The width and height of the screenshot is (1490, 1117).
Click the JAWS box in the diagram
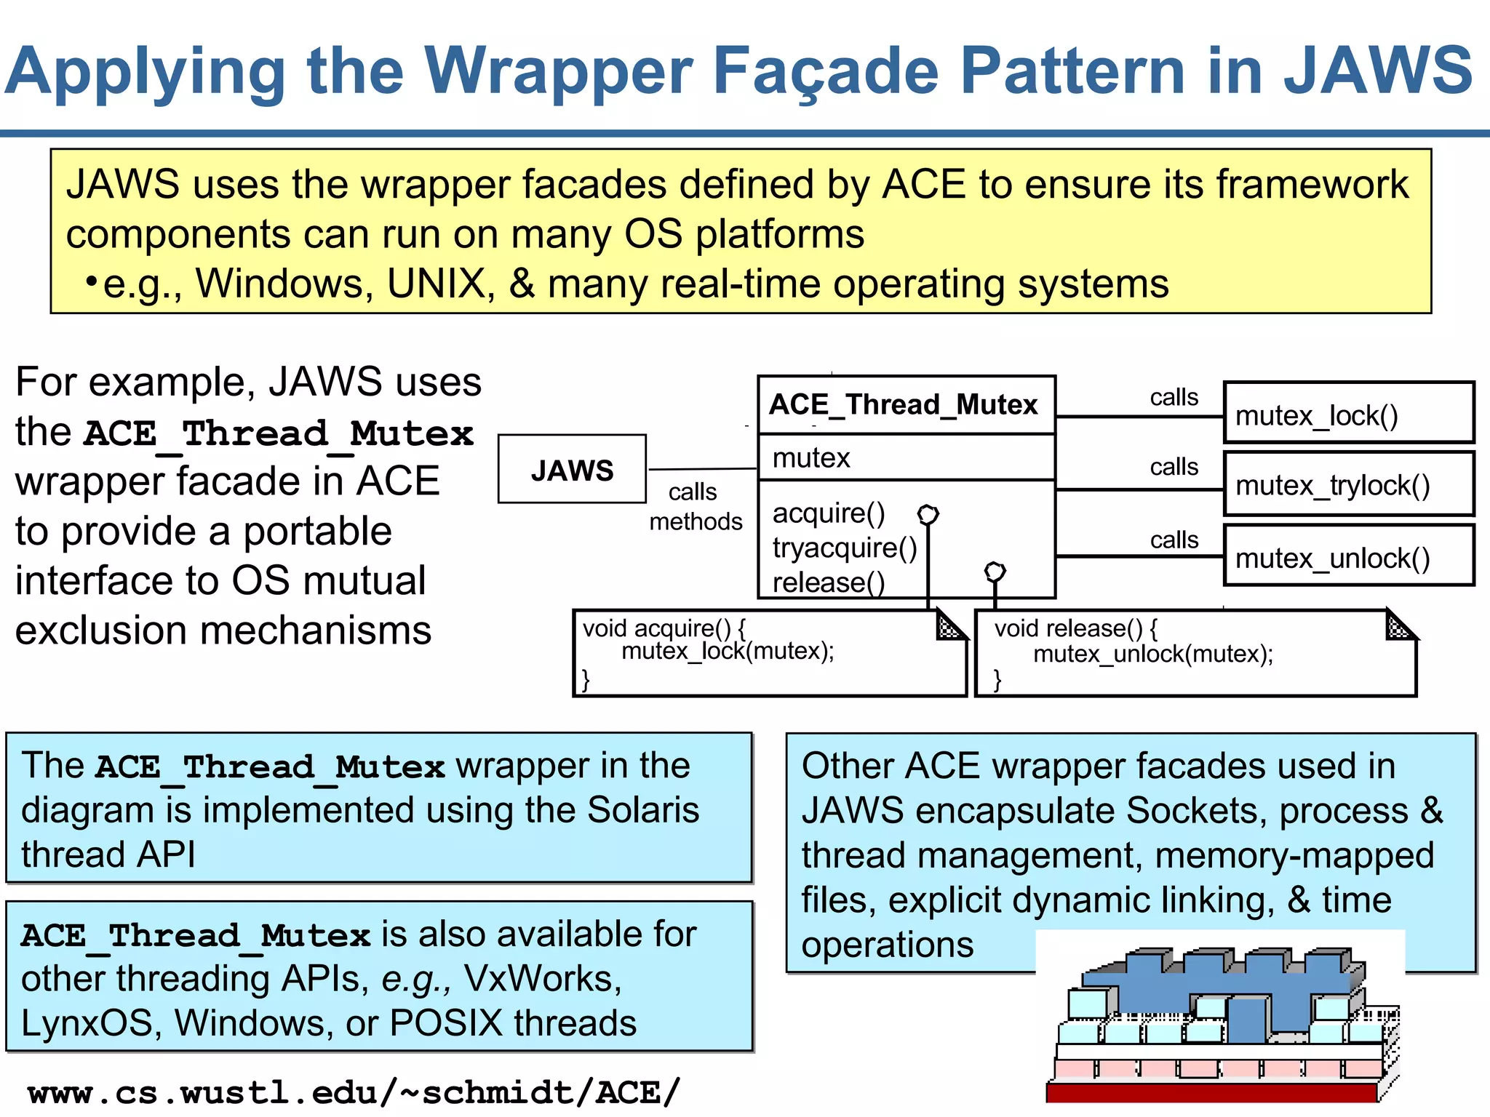[572, 470]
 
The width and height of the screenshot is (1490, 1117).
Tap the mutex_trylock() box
[1348, 484]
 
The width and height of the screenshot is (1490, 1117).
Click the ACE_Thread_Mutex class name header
[904, 404]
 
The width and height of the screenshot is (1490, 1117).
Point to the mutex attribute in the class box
[811, 458]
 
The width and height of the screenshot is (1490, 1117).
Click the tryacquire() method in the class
[844, 548]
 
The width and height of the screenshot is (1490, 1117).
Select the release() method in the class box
[828, 582]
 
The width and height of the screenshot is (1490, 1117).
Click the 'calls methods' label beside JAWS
[695, 507]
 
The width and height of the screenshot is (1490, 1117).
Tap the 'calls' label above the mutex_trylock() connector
[1174, 466]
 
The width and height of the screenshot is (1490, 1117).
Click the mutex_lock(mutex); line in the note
[728, 651]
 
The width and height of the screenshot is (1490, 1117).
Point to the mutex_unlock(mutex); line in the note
[1153, 654]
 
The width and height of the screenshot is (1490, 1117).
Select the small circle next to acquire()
[928, 515]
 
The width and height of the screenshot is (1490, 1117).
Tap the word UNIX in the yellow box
[436, 283]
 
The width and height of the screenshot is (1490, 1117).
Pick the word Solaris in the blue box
[642, 809]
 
